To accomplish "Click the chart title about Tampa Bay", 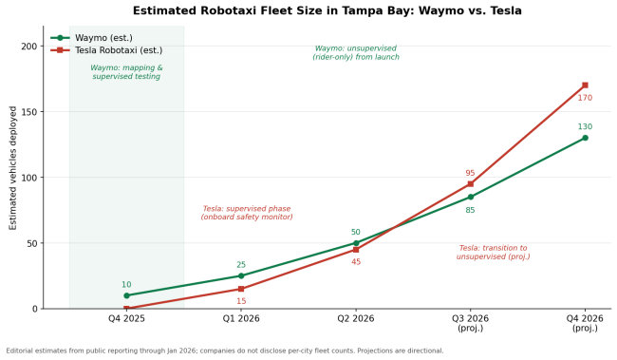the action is [x=327, y=10].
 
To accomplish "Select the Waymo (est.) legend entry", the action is [x=92, y=38].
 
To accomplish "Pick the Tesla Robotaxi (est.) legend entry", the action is [x=106, y=50].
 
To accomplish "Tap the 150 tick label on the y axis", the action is [x=29, y=112].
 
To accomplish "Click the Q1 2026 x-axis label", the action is [x=241, y=318].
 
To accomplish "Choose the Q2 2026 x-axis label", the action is [x=356, y=318].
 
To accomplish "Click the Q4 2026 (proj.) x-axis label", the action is [x=585, y=323].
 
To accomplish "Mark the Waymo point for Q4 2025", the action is [x=126, y=295].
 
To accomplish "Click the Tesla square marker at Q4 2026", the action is [x=585, y=85].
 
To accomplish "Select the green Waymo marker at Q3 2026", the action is [x=471, y=197].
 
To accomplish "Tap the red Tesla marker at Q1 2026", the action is [x=241, y=289].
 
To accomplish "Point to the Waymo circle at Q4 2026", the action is [x=585, y=138].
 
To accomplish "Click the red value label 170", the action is [x=585, y=98].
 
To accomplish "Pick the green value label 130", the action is [x=585, y=127].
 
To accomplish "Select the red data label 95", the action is [x=470, y=173].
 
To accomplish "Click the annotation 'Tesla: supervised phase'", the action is [x=247, y=209].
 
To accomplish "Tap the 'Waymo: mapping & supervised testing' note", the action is [x=126, y=72].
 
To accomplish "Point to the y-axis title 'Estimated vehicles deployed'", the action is [x=13, y=168].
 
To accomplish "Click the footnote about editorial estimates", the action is [x=225, y=351].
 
